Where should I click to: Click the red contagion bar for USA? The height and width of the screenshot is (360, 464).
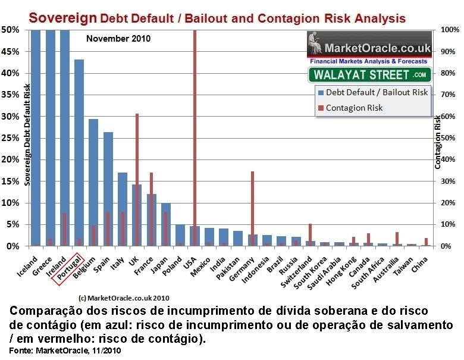tap(195, 137)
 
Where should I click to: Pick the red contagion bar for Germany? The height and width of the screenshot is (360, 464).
tap(253, 208)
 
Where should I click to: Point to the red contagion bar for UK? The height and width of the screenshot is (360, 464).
tap(137, 179)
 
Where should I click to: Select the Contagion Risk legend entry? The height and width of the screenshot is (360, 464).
tap(355, 108)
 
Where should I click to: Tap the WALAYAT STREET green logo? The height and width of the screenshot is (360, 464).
tap(369, 74)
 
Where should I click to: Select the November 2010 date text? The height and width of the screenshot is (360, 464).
tap(118, 39)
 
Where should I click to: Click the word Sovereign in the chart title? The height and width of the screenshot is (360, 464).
tap(62, 17)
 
